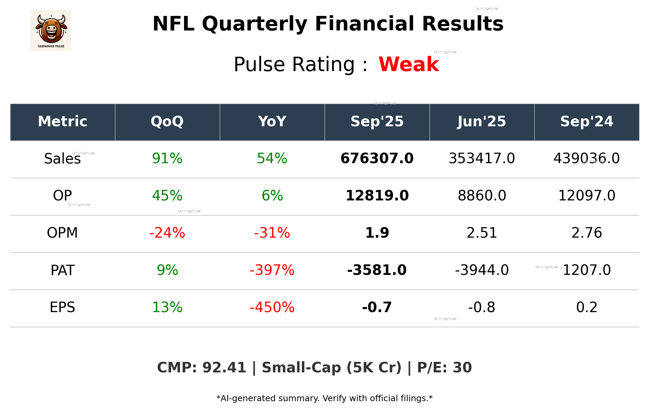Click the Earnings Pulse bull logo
(x=51, y=30)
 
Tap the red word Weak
(x=409, y=64)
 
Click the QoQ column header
(x=167, y=122)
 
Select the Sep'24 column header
(x=586, y=122)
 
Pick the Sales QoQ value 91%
(x=167, y=158)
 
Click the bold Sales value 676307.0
(x=377, y=158)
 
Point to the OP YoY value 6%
(x=272, y=196)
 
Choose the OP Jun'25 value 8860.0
(x=482, y=196)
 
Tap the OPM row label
(x=62, y=233)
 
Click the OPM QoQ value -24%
(x=167, y=233)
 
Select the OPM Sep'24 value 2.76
(x=586, y=233)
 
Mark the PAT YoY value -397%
(x=272, y=270)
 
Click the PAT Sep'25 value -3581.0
(x=377, y=270)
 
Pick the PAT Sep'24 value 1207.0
(x=586, y=270)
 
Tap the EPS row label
(x=62, y=307)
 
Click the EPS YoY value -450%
(x=272, y=307)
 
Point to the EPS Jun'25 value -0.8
(x=482, y=307)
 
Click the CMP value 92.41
(x=224, y=368)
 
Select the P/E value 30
(x=462, y=368)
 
